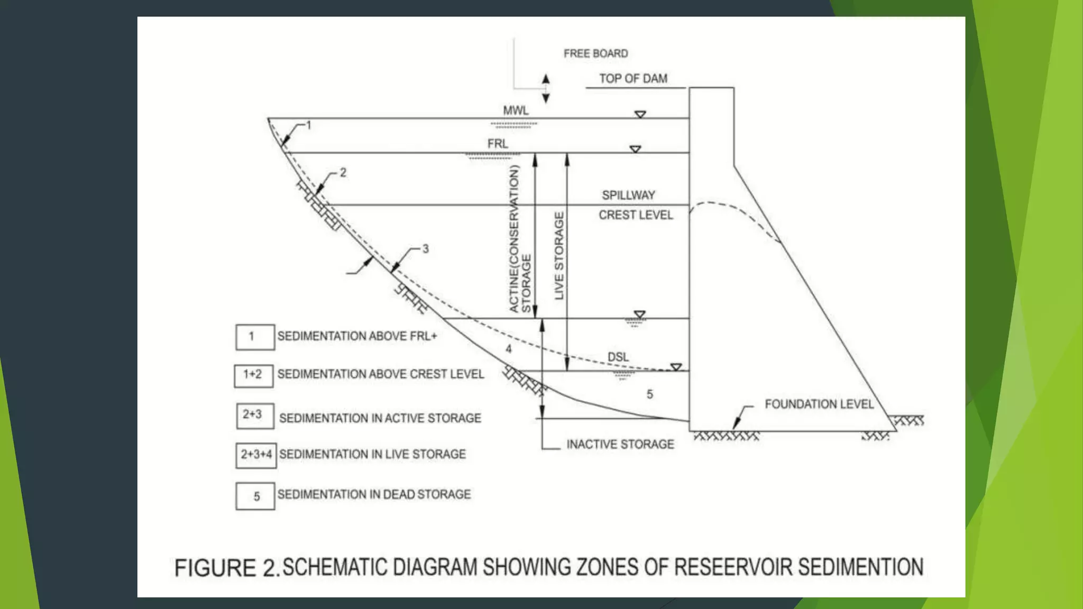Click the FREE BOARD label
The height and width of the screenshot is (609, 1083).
point(595,53)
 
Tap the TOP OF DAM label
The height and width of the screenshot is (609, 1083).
point(633,79)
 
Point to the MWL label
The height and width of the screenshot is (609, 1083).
point(516,110)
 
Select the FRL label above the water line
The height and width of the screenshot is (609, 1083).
point(498,144)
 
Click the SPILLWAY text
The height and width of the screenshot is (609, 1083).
point(628,195)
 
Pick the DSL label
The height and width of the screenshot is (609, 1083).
point(618,357)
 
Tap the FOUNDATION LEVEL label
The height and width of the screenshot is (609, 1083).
point(819,404)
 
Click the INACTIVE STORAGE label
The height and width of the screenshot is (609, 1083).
point(620,445)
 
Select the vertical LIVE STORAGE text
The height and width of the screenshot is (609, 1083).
point(559,256)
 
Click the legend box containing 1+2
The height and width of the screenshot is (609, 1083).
point(253,375)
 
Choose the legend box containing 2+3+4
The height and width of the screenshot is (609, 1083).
point(256,455)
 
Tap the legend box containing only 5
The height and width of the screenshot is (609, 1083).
point(255,496)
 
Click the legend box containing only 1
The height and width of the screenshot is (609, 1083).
point(255,337)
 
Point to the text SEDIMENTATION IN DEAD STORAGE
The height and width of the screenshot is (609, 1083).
point(374,494)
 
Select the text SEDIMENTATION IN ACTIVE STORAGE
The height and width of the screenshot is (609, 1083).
point(380,418)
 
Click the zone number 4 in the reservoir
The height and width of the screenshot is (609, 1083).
point(509,349)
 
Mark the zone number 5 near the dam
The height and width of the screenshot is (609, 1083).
point(650,394)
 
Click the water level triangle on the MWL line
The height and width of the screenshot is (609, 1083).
point(640,114)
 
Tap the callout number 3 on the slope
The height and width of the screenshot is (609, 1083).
point(425,248)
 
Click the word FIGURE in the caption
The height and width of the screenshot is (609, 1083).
point(215,568)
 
